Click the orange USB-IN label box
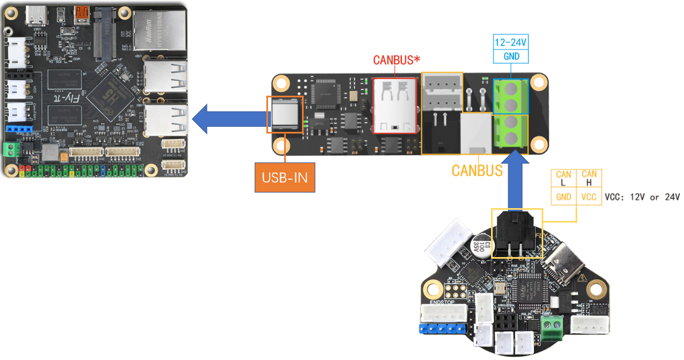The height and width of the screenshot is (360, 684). point(285,177)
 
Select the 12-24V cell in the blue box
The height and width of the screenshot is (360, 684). point(511,42)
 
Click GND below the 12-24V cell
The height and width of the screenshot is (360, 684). point(511,56)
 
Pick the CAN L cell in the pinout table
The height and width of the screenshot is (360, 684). point(563,179)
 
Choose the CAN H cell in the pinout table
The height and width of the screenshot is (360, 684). point(589,179)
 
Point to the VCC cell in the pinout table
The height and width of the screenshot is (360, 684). point(589,196)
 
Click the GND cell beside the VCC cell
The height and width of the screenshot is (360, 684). point(563,196)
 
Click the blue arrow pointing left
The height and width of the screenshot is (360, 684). point(228,120)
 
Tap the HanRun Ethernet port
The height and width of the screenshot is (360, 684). point(159,31)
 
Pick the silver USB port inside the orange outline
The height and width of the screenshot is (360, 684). point(285,115)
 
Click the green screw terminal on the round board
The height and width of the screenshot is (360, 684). point(551,324)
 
